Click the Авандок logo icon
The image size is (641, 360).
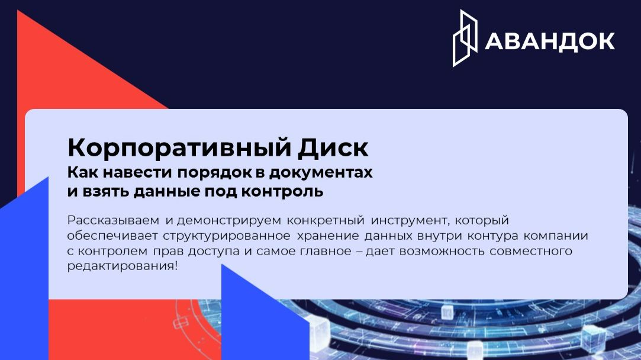point(465,38)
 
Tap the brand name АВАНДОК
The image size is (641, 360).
point(550,41)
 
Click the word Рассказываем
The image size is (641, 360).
point(113,221)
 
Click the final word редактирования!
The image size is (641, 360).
point(122,266)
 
